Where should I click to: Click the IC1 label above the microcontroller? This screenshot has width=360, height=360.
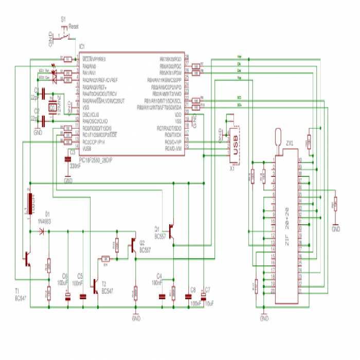coord(82,46)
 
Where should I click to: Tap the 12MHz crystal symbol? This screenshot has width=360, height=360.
coord(52,107)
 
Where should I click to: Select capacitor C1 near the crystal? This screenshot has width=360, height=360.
coord(44,94)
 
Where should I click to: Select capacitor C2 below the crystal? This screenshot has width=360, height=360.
coord(44,121)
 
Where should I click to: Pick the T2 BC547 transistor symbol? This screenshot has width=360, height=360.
coord(95,286)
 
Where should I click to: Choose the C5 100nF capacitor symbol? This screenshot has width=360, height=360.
coord(82,297)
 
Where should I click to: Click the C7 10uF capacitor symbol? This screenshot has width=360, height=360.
coord(203,296)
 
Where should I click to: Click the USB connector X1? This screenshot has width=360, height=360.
coord(235,141)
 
